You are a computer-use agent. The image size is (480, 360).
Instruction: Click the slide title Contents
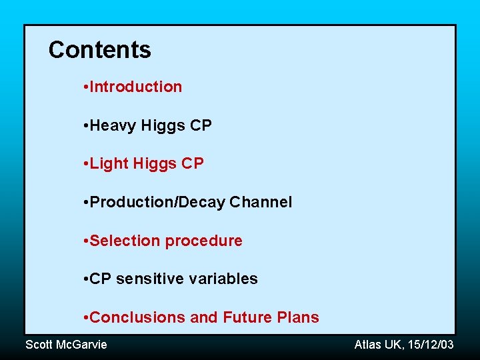[x=100, y=50]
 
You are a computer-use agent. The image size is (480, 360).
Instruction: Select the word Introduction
[x=136, y=87]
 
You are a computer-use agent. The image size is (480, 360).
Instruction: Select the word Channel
[x=261, y=202]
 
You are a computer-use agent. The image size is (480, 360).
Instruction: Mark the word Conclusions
[x=137, y=317]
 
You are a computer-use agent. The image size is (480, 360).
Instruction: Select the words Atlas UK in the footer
[x=377, y=345]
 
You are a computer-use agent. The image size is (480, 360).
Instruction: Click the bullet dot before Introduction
[x=87, y=87]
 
